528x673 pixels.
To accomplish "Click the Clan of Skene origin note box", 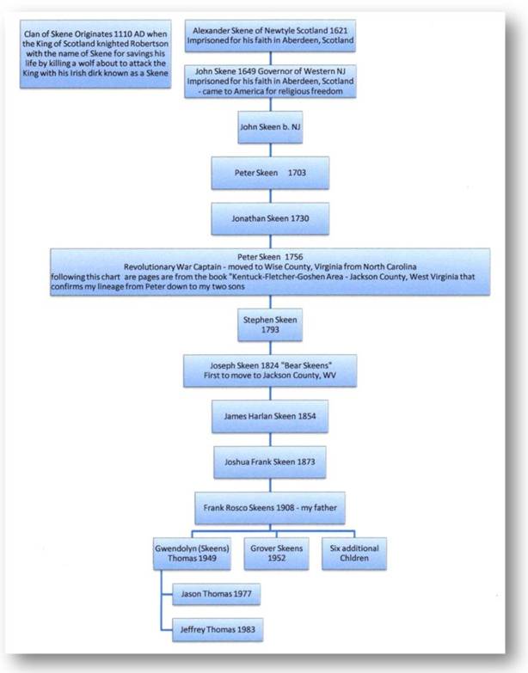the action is (95, 54).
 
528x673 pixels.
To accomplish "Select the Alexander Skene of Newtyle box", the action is (270, 35).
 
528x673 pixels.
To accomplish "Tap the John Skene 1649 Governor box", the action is (270, 81).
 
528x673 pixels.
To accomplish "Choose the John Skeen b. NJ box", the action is (270, 127).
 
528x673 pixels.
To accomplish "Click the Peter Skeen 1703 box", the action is (270, 173).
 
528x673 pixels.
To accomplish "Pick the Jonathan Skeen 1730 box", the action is (270, 218).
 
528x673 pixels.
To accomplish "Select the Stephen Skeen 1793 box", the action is (270, 325).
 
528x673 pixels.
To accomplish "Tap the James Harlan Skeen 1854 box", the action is (270, 416).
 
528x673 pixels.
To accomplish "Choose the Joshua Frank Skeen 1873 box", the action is (270, 462).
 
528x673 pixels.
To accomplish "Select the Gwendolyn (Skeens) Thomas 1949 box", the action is (192, 554).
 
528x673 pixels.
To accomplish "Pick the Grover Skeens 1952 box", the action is (276, 554).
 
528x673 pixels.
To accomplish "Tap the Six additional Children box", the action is (354, 554).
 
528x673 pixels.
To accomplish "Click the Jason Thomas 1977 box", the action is (217, 595).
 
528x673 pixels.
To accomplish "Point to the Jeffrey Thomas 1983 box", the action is (218, 630).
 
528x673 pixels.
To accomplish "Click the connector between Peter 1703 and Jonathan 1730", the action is (270, 196).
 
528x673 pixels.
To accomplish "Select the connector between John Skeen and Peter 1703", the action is (270, 150).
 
